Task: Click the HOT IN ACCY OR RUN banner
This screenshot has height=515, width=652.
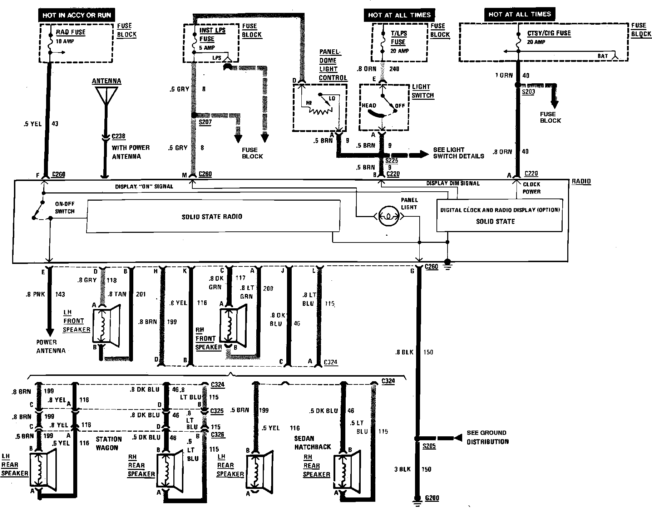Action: click(77, 15)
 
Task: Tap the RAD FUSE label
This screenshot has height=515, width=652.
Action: click(71, 32)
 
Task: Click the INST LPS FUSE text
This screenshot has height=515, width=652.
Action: click(212, 34)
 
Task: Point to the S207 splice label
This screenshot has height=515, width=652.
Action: click(206, 122)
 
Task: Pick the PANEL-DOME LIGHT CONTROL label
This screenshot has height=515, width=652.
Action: click(333, 65)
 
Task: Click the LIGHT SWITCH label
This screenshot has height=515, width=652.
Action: click(423, 91)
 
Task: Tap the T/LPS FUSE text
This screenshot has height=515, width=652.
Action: click(399, 38)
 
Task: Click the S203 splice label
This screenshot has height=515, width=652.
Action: click(528, 92)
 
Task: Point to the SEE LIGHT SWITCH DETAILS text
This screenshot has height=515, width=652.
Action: click(459, 153)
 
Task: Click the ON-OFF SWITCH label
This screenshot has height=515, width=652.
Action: click(65, 207)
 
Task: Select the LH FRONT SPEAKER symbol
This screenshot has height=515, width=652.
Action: click(106, 325)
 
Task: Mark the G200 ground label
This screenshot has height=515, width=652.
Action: click(432, 498)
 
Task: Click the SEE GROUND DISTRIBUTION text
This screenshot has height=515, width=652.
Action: click(488, 437)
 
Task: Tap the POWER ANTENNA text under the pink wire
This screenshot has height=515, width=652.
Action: click(51, 347)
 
